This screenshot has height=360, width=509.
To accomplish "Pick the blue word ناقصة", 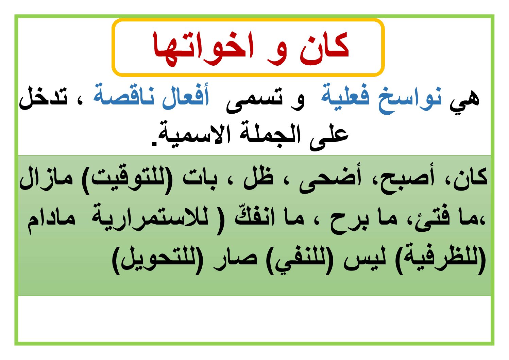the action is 124,97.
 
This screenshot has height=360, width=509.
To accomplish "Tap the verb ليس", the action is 364,259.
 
